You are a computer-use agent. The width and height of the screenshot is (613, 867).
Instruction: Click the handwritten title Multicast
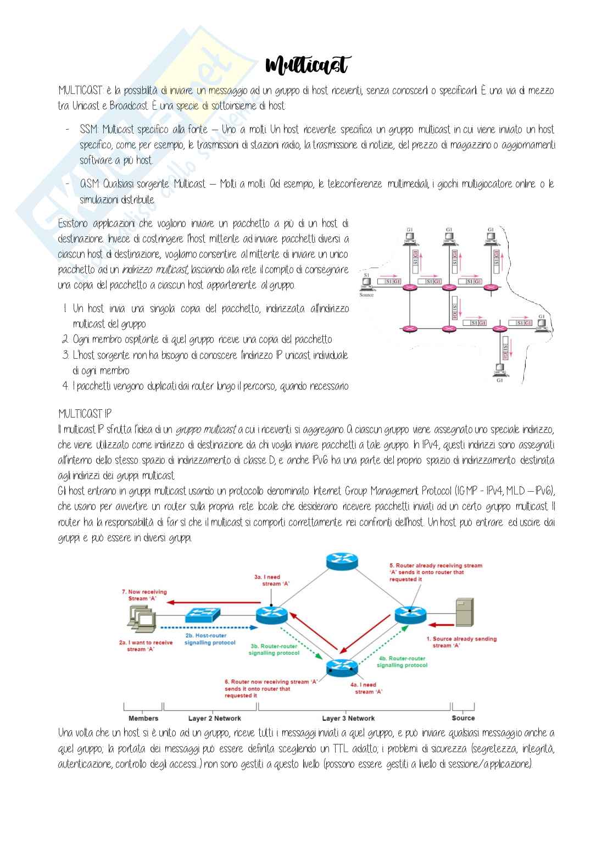306,65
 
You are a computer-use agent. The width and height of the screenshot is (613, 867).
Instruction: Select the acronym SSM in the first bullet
88,130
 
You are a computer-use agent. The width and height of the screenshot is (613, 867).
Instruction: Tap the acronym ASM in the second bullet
89,184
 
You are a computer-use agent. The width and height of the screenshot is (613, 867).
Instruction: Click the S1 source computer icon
366,282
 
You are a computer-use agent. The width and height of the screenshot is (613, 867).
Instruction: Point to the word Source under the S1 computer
366,295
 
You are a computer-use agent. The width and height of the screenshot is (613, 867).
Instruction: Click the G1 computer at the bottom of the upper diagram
500,369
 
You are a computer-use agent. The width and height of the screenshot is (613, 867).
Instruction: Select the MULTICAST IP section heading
85,413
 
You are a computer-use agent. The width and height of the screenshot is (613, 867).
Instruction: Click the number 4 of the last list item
65,386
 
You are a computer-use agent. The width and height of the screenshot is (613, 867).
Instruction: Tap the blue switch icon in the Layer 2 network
203,615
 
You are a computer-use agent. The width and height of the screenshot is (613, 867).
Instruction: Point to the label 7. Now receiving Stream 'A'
144,595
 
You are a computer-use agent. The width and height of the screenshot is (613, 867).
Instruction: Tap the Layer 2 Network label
214,718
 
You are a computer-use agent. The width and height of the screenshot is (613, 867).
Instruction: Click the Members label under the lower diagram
143,718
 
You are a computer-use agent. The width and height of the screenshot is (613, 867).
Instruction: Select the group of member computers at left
138,618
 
